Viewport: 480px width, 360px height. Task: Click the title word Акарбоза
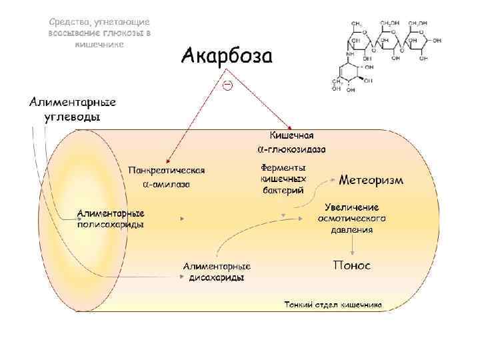227,55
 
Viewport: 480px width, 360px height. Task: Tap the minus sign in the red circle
227,85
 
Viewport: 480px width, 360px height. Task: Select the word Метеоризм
371,180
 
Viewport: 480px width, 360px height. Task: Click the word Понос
352,265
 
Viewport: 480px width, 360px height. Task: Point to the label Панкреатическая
166,169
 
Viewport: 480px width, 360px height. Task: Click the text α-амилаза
167,184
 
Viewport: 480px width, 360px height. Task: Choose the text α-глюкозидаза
292,148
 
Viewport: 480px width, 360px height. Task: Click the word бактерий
284,190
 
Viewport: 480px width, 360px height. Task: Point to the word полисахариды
111,224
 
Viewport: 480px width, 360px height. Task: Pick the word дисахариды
217,277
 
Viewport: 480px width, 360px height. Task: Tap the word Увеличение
352,207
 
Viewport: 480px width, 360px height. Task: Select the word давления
352,229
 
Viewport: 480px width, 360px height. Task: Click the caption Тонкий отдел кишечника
333,305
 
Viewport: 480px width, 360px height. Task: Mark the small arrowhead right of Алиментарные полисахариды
181,218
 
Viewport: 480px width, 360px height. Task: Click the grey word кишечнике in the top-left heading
99,43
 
